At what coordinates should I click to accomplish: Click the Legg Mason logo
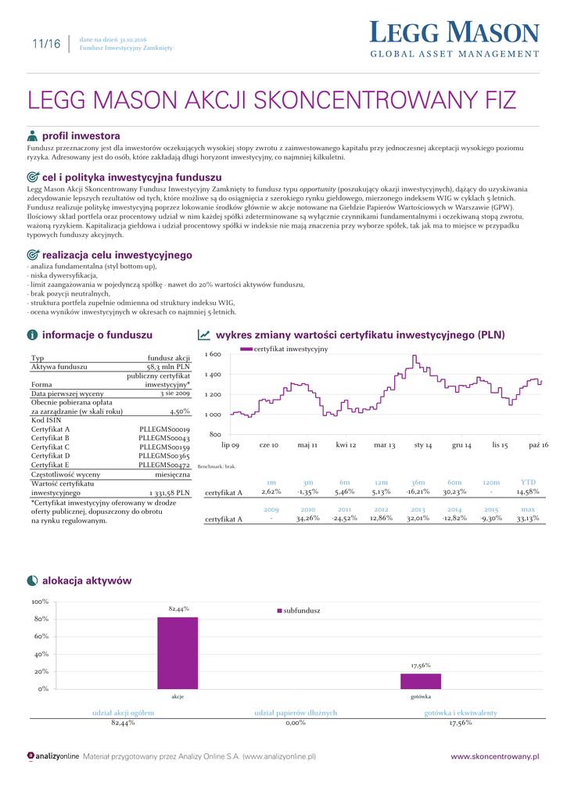pyautogui.click(x=454, y=39)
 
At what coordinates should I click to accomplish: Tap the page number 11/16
pyautogui.click(x=45, y=44)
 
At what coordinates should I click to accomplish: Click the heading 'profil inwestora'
pyautogui.click(x=81, y=135)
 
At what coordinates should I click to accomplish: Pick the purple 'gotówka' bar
pyautogui.click(x=421, y=681)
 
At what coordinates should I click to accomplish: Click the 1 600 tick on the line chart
pyautogui.click(x=213, y=355)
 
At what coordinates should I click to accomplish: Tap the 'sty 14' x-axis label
pyautogui.click(x=423, y=444)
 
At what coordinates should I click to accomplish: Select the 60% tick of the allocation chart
pyautogui.click(x=41, y=636)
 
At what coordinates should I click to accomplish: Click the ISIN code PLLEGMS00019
pyautogui.click(x=164, y=429)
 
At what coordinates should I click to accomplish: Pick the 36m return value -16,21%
pyautogui.click(x=418, y=492)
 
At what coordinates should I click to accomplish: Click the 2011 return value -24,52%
pyautogui.click(x=344, y=518)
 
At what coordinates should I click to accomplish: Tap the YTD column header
pyautogui.click(x=528, y=482)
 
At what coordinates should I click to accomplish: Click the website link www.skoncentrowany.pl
pyautogui.click(x=495, y=756)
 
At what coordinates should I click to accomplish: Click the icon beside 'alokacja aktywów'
pyautogui.click(x=32, y=580)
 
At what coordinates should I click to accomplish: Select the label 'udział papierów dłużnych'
pyautogui.click(x=296, y=713)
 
